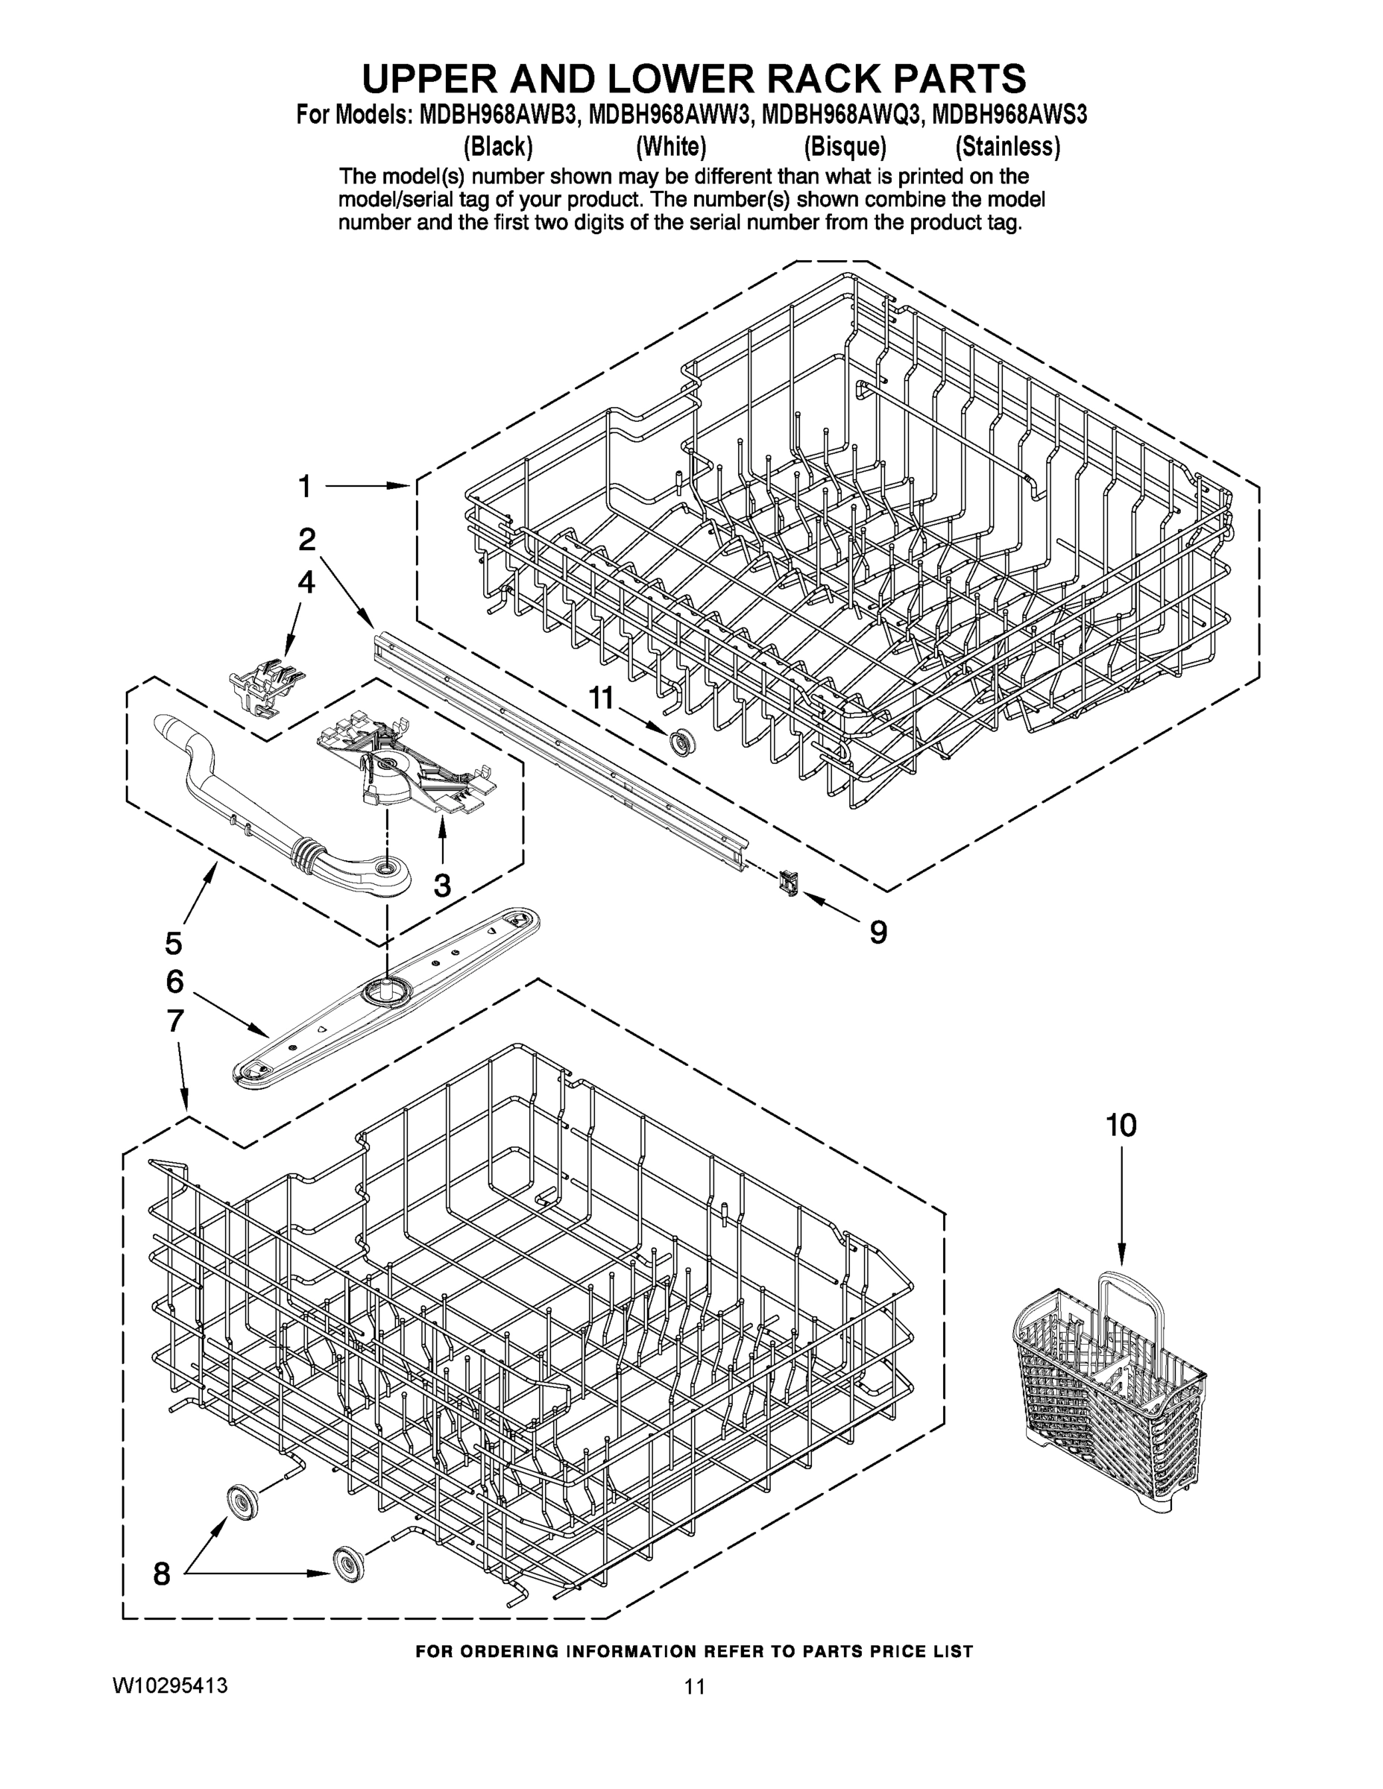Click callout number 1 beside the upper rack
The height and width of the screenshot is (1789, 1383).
pos(305,487)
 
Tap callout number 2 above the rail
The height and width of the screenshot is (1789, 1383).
pos(306,540)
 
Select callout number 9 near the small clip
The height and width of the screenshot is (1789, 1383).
pos(878,933)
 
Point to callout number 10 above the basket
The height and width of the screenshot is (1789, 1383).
pos(1121,1126)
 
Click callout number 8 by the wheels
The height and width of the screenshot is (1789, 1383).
pos(163,1573)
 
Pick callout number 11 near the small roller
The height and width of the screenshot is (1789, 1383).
pos(601,698)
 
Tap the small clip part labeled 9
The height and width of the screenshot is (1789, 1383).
pos(789,883)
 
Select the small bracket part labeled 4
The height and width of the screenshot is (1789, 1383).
pos(264,686)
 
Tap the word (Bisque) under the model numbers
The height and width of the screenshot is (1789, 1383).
pos(845,147)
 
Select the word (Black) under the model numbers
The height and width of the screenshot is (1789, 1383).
pos(498,147)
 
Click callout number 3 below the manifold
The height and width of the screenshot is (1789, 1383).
pos(441,886)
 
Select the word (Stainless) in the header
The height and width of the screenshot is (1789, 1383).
pos(1008,147)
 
